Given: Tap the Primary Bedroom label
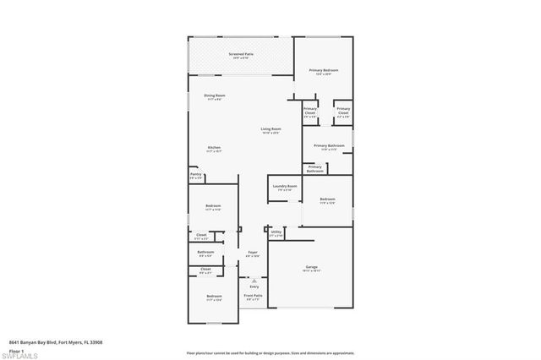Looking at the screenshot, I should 324,71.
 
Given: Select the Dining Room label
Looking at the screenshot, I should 215,97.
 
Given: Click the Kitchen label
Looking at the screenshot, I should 215,149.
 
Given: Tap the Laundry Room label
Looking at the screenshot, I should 285,188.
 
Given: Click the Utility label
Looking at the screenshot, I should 276,232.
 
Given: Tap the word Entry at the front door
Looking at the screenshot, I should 254,287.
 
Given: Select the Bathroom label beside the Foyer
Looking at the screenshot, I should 205,253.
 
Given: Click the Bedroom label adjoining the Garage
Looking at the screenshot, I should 327,200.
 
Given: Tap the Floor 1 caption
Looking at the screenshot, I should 16,349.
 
